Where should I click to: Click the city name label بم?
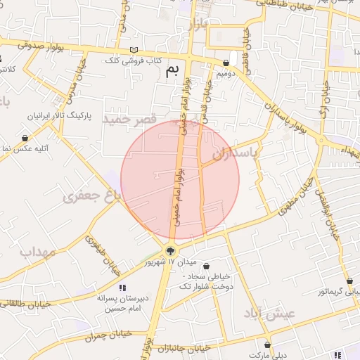[172, 70]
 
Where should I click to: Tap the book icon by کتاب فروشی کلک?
[134, 50]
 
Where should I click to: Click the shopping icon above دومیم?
[226, 63]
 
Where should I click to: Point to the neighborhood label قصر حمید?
[129, 120]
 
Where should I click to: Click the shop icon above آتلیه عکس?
[25, 139]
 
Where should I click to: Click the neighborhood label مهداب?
[37, 251]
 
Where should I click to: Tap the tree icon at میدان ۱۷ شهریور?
[170, 250]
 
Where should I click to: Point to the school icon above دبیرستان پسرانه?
[123, 288]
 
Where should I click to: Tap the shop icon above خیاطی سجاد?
[206, 266]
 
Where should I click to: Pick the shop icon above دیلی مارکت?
[268, 345]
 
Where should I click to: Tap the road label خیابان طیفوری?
[103, 253]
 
